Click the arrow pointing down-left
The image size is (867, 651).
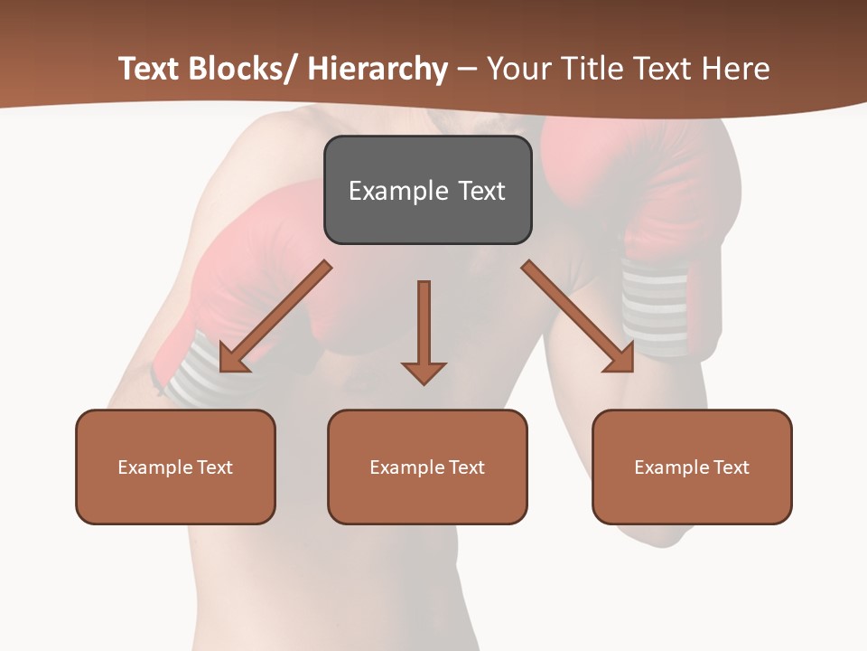(x=276, y=316)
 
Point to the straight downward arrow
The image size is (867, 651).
(x=424, y=330)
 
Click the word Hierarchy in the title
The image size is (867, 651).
(x=378, y=69)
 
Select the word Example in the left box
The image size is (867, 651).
(x=154, y=467)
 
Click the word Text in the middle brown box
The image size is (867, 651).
(x=466, y=467)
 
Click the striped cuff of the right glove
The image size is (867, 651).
(x=655, y=307)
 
